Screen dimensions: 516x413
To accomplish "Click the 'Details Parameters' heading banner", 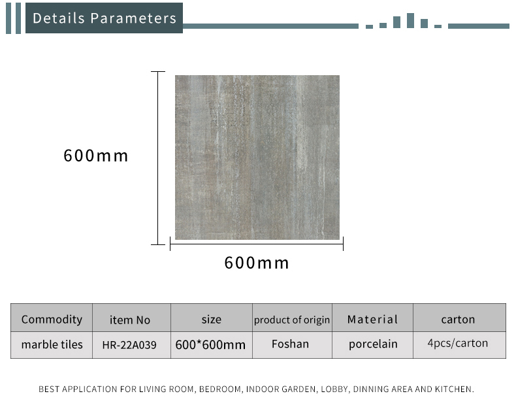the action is point(104,18).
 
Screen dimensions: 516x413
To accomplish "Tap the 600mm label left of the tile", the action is point(96,156).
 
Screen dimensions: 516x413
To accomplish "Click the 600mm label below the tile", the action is point(257,263).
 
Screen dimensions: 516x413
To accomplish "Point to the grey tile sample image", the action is point(257,157).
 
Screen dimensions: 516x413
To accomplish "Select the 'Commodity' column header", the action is point(52,320).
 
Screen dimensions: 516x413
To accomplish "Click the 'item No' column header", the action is point(130,320).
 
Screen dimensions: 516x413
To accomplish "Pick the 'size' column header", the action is point(212,319).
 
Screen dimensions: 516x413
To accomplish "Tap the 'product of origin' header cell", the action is point(292,320).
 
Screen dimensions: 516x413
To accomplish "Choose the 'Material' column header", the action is point(372,319).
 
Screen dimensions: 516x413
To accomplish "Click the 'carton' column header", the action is point(458,320).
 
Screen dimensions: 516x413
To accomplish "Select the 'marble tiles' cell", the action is point(52,344).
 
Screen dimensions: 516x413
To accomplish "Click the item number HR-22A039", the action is point(129,345).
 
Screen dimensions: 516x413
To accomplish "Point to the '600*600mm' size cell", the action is point(210,345).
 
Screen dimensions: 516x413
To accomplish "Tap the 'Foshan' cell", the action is point(290,344).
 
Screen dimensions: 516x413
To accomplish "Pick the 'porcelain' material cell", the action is point(373,344).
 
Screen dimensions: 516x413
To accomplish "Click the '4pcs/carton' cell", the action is point(458,343).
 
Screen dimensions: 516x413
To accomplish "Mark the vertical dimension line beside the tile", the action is point(158,158).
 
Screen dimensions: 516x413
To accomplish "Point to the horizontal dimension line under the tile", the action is point(257,244).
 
